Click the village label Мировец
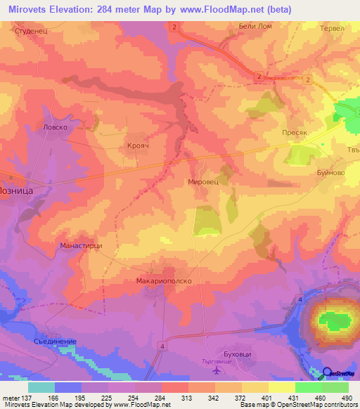(204, 181)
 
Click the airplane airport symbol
(214, 370)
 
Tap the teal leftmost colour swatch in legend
(41, 387)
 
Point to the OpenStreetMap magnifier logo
(328, 373)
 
